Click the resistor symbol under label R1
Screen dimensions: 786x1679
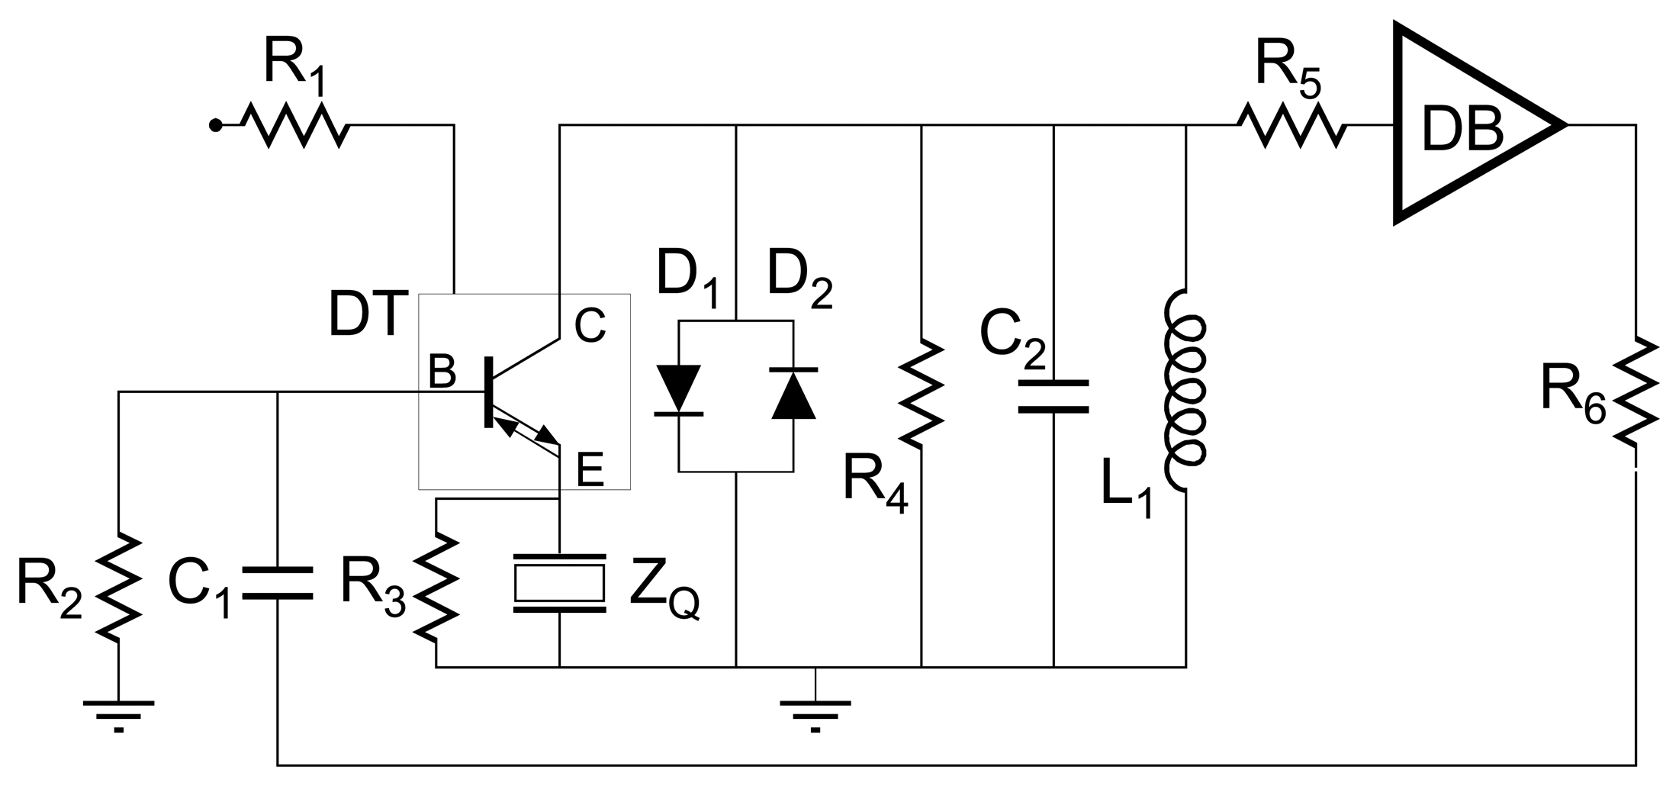point(295,125)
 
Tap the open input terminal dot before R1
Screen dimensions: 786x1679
point(216,125)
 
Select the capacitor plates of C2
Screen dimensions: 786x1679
point(1053,396)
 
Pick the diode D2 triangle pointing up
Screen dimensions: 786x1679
point(793,394)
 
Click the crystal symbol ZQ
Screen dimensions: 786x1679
point(560,583)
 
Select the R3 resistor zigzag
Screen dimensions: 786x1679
point(436,585)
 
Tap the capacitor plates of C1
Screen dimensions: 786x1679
point(277,583)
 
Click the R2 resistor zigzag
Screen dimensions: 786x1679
point(118,585)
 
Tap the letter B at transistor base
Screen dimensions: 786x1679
point(442,372)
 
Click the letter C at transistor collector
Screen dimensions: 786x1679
point(590,326)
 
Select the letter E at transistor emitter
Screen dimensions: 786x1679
point(590,470)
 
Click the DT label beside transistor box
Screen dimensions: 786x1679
point(365,314)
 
